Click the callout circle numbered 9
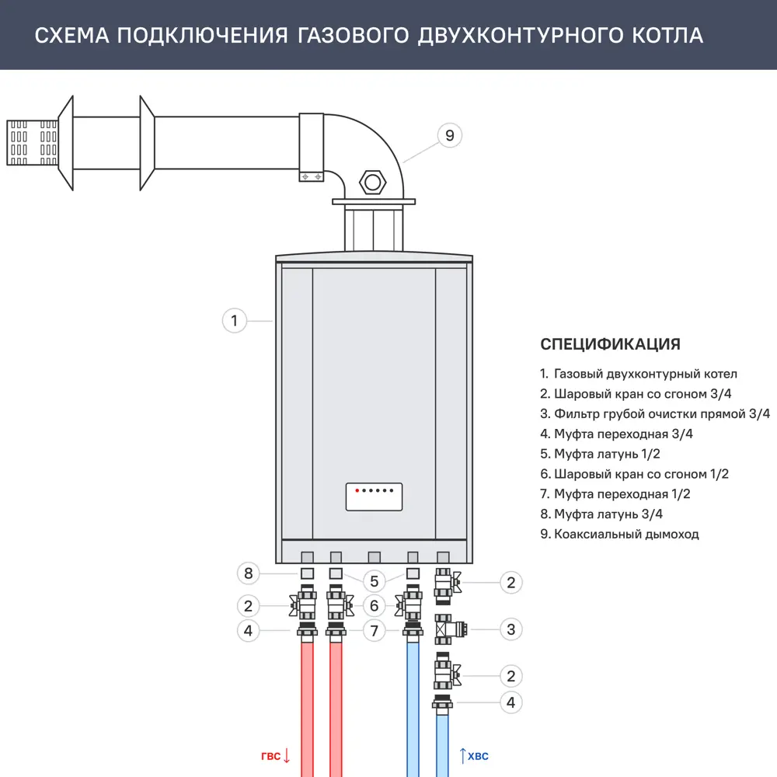tap(448, 135)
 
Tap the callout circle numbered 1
tap(234, 320)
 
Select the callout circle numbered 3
tap(510, 629)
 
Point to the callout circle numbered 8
tap(248, 574)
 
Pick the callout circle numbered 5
tap(374, 581)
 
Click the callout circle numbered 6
tap(374, 605)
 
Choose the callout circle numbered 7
tap(374, 631)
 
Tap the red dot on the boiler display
tap(357, 491)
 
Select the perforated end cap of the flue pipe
tap(32, 142)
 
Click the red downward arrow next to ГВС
tap(287, 754)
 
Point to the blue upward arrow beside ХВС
tap(462, 754)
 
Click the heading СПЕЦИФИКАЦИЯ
tap(610, 344)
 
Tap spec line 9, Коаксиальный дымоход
tap(619, 534)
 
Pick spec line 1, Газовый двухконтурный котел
tap(638, 374)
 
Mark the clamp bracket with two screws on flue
tap(311, 177)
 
